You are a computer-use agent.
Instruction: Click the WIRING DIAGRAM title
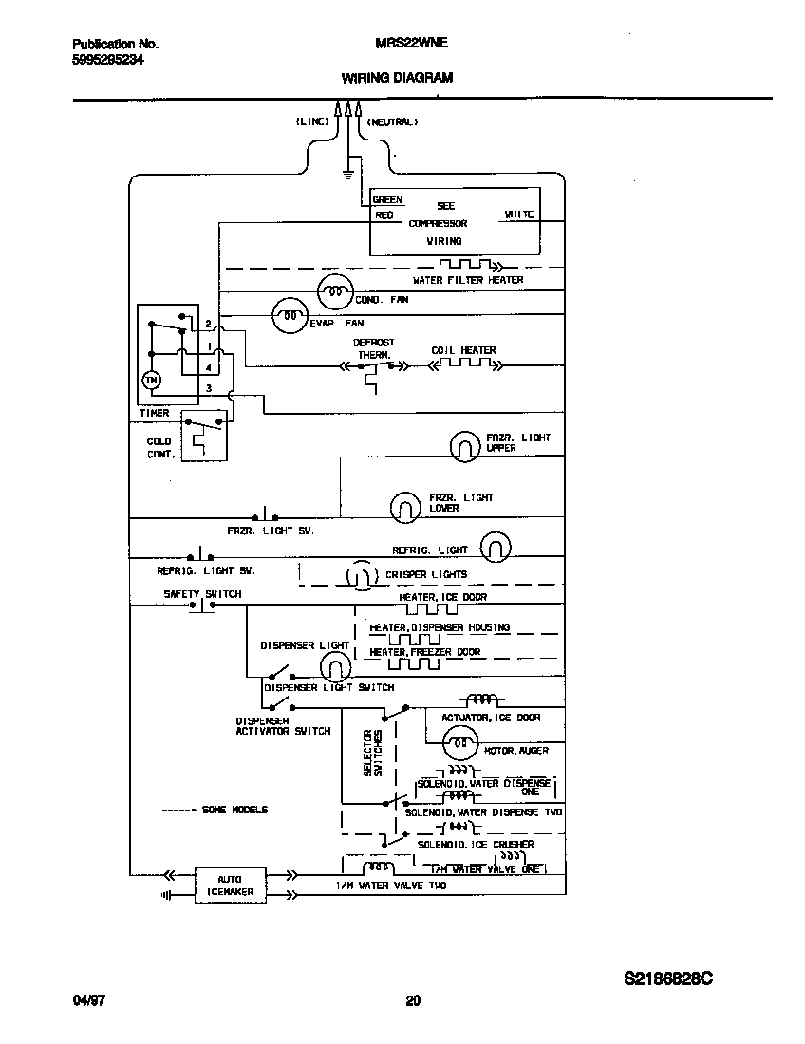[397, 78]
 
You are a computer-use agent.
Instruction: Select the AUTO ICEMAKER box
[229, 886]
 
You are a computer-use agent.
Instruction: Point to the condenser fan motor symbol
[333, 292]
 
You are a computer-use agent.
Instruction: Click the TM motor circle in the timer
[150, 380]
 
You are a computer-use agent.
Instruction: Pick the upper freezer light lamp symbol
[465, 444]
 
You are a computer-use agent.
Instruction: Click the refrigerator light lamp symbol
[496, 547]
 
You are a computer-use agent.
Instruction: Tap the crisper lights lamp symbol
[359, 575]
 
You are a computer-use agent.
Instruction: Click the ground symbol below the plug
[347, 174]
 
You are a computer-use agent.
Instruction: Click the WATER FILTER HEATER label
[467, 280]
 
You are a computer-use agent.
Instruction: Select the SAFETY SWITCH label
[202, 594]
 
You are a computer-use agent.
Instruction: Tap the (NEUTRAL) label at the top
[392, 121]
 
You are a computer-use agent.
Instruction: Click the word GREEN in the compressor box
[387, 200]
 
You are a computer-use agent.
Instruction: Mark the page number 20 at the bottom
[412, 1000]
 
